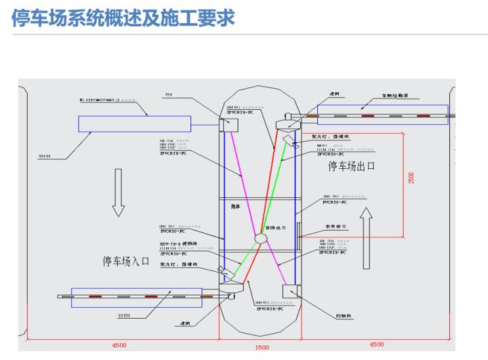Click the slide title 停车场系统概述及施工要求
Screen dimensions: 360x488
point(123,18)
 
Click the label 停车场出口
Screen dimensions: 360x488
point(352,166)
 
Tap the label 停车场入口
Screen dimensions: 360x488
point(125,261)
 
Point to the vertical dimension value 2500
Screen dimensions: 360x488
point(411,177)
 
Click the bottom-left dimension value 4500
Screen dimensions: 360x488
point(119,344)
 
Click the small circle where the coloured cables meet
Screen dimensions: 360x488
point(260,239)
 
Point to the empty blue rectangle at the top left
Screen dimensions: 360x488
point(134,123)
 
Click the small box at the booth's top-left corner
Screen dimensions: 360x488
point(228,125)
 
